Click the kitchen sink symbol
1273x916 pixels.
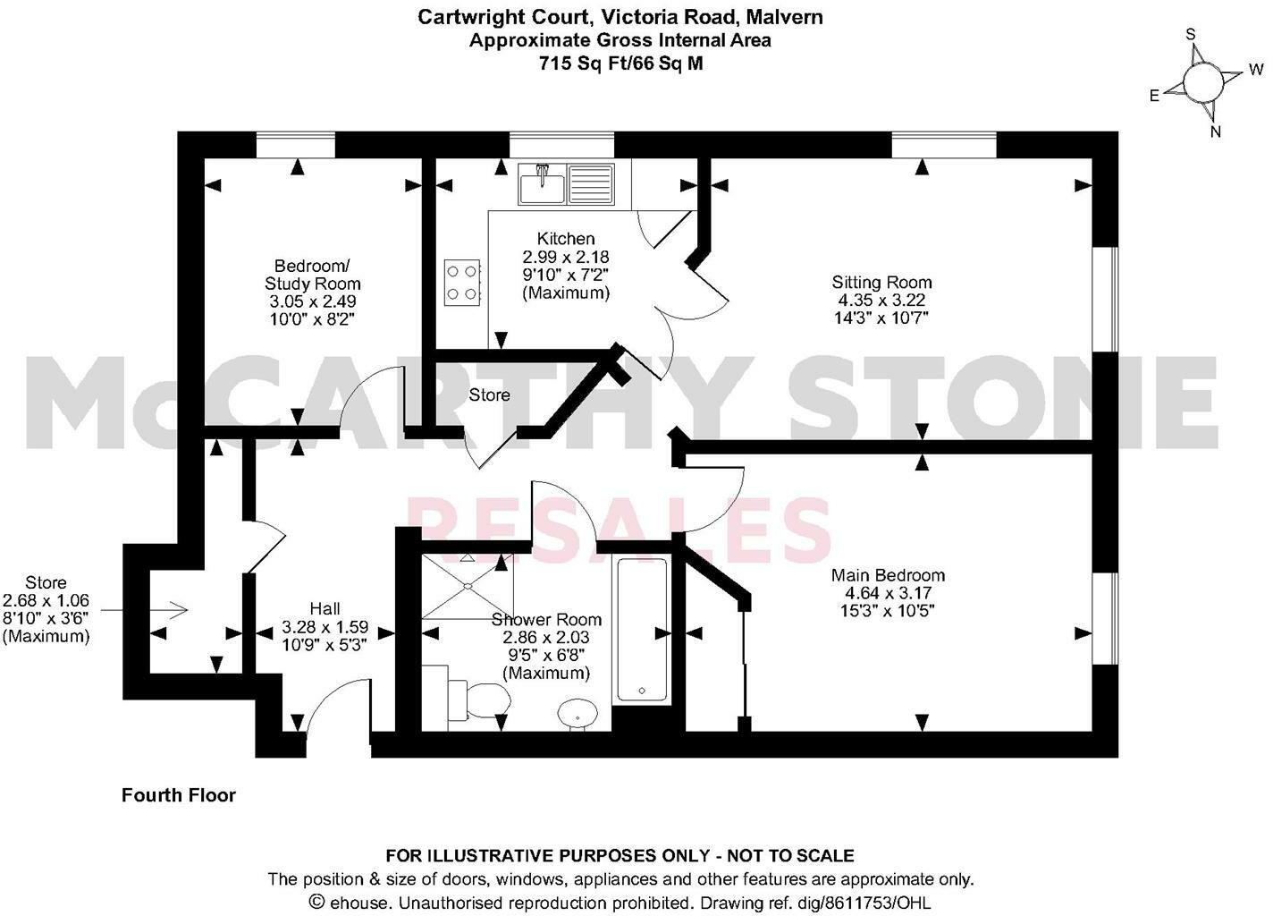point(566,184)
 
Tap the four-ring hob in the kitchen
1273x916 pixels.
point(463,281)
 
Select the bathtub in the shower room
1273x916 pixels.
point(642,630)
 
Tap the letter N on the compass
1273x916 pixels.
point(1215,131)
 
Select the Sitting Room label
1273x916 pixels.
point(881,282)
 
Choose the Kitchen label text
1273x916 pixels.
point(565,239)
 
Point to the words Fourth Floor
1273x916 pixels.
point(179,795)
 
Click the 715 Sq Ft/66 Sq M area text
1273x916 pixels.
point(620,64)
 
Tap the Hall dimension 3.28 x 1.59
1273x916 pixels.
point(325,627)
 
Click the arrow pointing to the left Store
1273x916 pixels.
point(143,610)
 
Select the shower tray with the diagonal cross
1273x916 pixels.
point(467,586)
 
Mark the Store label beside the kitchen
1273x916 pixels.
point(489,394)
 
